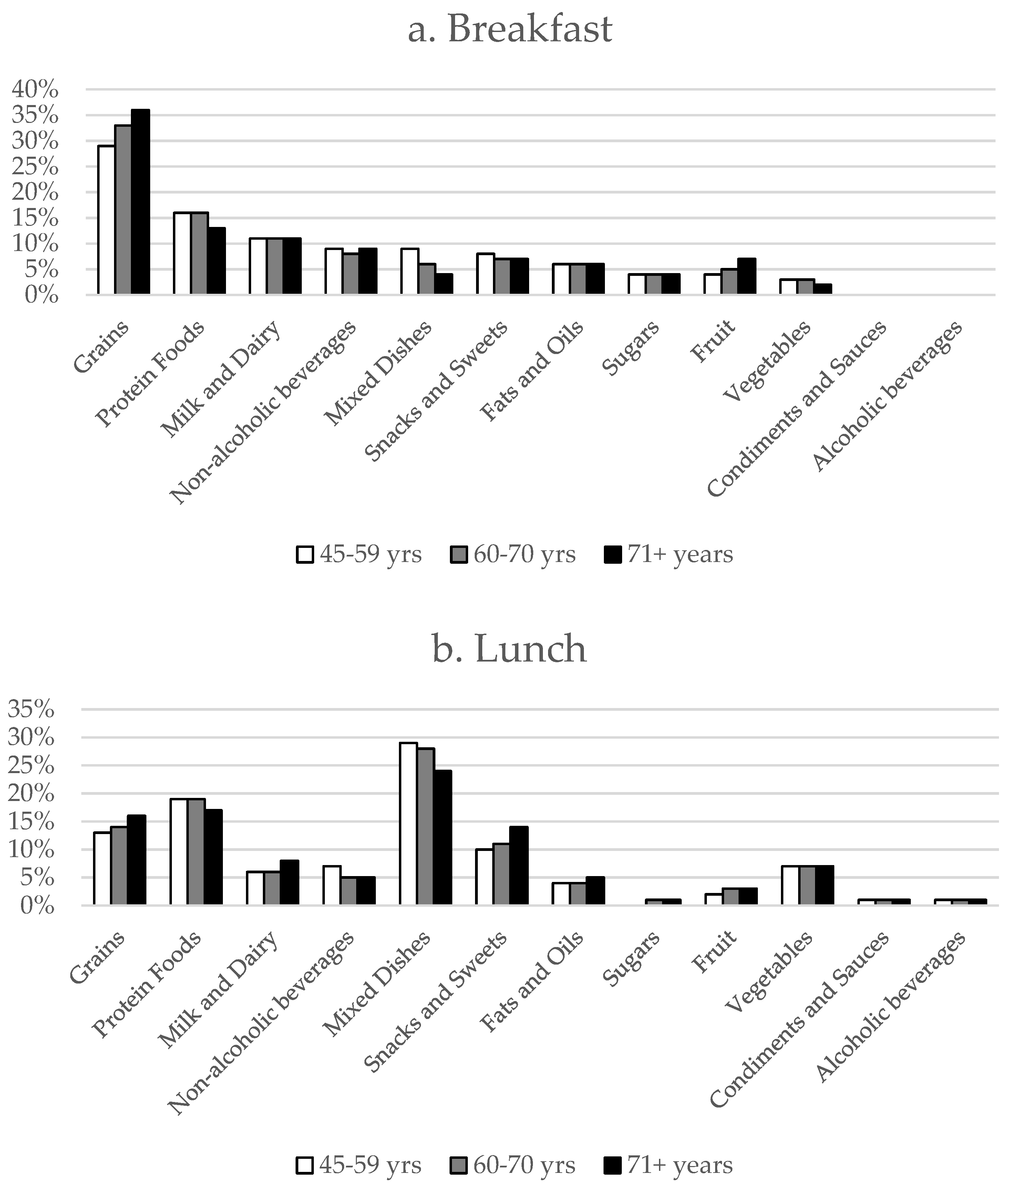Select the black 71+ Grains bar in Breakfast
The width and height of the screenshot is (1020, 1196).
click(140, 202)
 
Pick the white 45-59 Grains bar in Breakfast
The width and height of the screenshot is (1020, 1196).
click(106, 220)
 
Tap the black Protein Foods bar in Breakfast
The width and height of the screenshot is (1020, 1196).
click(216, 261)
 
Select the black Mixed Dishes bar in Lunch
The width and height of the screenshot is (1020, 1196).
click(443, 838)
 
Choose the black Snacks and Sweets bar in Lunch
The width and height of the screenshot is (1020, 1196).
click(519, 866)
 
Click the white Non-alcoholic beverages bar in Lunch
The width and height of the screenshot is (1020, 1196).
click(332, 885)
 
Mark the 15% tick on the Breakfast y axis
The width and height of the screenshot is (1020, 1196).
click(35, 218)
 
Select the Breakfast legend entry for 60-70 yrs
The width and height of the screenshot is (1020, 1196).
click(514, 554)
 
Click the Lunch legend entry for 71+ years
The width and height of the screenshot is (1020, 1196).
click(670, 1165)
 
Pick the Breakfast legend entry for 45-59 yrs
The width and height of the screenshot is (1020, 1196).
click(360, 554)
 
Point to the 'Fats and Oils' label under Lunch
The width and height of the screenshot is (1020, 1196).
click(532, 981)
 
